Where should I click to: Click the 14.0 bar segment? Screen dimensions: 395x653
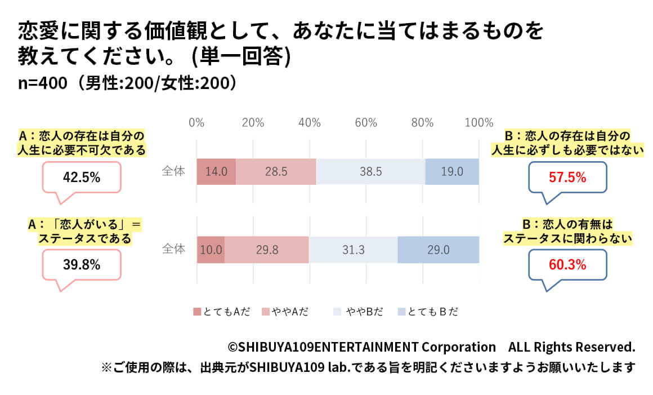tap(216, 172)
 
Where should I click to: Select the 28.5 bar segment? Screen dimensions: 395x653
tap(276, 172)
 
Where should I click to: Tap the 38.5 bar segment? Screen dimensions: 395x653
tap(370, 172)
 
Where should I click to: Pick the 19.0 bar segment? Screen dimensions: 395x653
tap(452, 172)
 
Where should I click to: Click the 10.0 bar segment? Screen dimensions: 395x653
tap(211, 250)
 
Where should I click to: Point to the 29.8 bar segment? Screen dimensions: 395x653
tap(267, 250)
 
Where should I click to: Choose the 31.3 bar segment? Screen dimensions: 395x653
tap(353, 250)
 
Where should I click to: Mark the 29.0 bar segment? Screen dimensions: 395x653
tap(438, 250)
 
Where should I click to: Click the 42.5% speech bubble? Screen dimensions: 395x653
tap(82, 178)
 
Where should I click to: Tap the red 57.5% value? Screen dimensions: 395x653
tap(567, 178)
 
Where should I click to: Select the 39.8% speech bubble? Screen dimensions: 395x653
tap(82, 264)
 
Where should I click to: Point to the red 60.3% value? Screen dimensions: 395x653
tap(567, 264)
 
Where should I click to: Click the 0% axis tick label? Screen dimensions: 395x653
tap(196, 123)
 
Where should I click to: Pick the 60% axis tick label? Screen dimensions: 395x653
tap(366, 123)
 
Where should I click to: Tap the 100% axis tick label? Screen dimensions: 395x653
tap(479, 123)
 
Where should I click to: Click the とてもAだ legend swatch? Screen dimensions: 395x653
tap(197, 312)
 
